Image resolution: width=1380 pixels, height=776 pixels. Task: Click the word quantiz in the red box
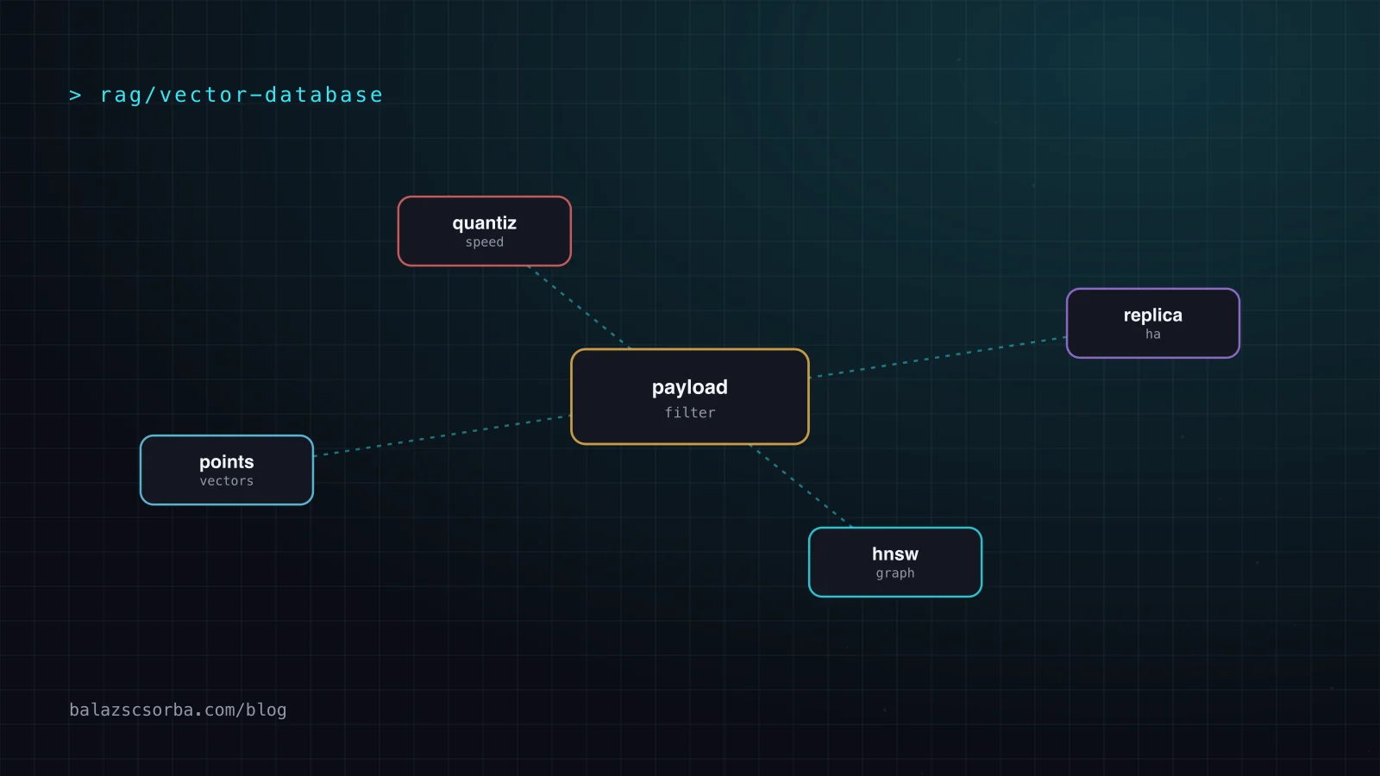484,223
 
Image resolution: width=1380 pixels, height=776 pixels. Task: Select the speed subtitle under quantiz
484,242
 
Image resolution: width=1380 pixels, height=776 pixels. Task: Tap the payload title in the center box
689,388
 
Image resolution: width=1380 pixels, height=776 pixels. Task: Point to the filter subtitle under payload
690,413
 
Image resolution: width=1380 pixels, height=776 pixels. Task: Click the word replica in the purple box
1152,316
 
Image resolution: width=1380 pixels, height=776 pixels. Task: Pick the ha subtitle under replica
1152,334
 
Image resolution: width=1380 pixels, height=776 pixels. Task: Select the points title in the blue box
226,462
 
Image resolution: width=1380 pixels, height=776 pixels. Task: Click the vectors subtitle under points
226,481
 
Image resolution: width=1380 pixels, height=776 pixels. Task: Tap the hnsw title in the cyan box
895,554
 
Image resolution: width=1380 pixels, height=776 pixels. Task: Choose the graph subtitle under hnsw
895,573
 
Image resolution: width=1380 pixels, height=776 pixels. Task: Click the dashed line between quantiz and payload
579,307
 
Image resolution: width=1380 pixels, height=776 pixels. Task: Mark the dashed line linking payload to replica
938,357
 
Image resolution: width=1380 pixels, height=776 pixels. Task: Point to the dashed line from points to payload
442,435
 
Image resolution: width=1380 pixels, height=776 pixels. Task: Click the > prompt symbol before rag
75,95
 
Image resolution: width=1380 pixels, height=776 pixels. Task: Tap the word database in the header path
323,95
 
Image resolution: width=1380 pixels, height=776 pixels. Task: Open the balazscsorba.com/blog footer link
178,710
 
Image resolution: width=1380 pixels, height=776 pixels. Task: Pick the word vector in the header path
204,95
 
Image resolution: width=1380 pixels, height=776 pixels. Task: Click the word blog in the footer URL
267,710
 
